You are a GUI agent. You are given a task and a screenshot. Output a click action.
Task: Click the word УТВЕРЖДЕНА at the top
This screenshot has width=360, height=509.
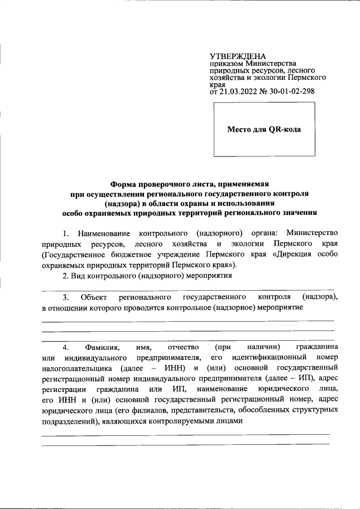[x=237, y=56]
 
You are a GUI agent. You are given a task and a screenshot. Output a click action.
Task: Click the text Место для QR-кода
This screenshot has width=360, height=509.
[x=263, y=129]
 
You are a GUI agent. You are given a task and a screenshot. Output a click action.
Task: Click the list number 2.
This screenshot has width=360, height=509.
[x=66, y=276]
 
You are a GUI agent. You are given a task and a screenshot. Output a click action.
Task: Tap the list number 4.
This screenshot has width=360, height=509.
[x=66, y=347]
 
